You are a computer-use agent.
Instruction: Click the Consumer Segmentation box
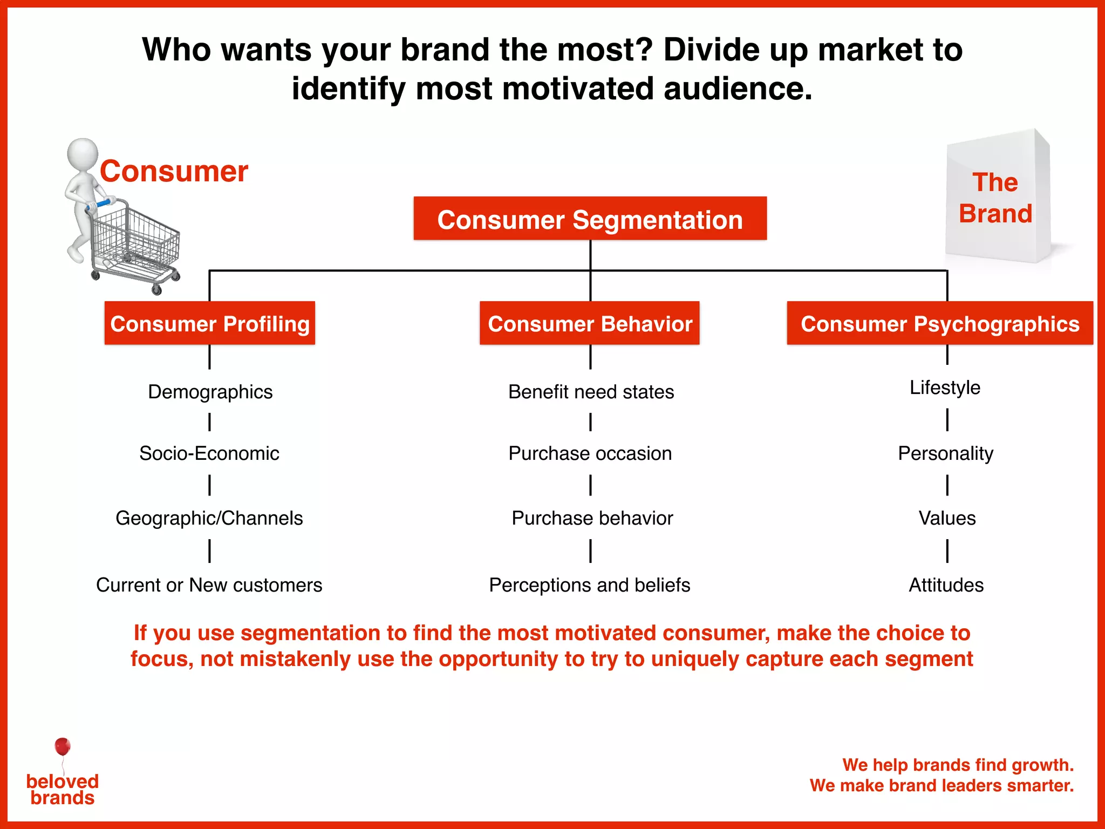point(590,219)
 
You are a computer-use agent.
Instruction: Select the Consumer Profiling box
point(209,323)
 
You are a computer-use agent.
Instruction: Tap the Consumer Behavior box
point(590,323)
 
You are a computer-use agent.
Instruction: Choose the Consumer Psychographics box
point(940,323)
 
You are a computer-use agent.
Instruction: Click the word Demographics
point(210,392)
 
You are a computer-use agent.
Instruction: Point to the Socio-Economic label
point(209,453)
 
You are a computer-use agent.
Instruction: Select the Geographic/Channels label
point(209,518)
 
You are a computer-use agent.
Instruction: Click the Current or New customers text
point(209,585)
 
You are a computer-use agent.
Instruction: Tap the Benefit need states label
point(591,392)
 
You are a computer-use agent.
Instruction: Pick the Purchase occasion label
point(590,453)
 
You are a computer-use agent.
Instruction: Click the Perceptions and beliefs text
point(589,585)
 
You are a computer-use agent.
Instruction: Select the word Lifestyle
point(945,388)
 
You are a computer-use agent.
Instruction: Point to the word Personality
point(945,453)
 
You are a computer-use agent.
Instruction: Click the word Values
point(947,518)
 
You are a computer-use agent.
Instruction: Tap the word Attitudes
point(946,585)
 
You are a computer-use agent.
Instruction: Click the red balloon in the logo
point(63,746)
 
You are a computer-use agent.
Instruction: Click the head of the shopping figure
point(83,154)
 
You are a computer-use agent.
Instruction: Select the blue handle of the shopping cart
point(103,204)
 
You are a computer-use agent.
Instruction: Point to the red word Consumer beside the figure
point(174,172)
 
